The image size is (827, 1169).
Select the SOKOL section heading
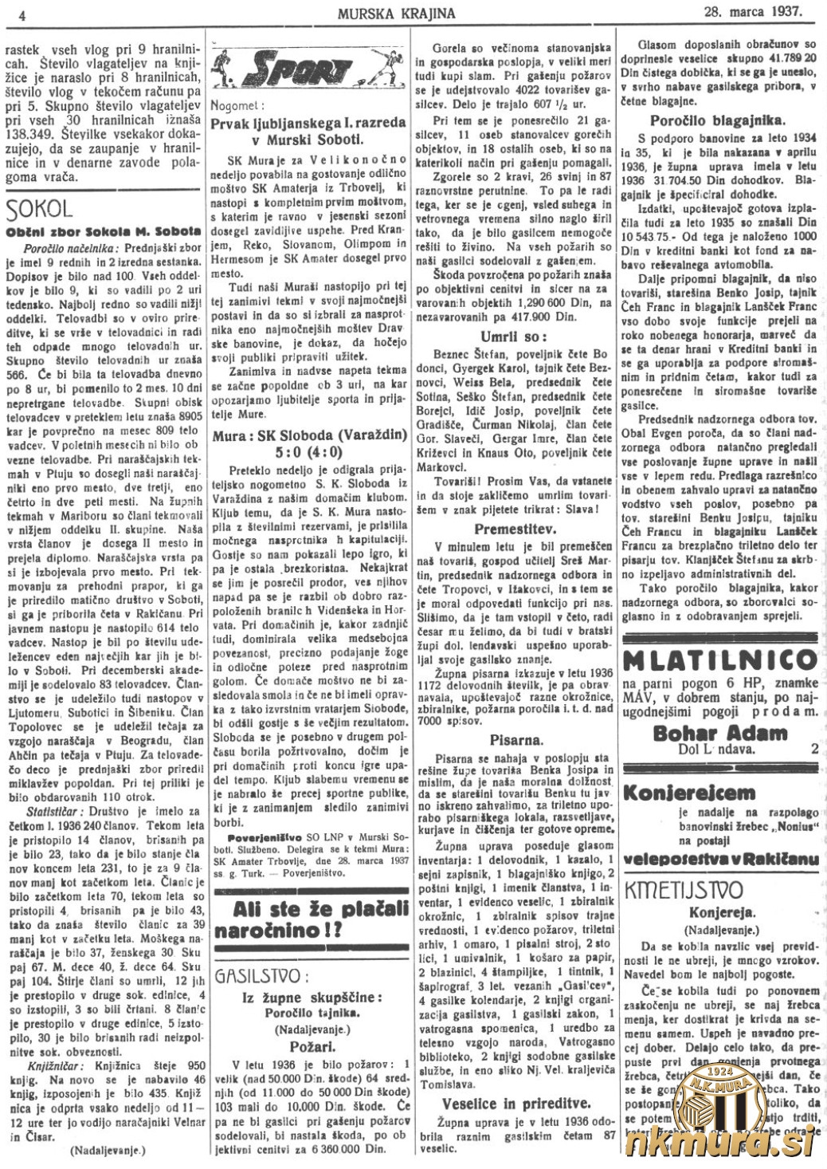coord(39,210)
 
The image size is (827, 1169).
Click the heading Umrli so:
coord(513,337)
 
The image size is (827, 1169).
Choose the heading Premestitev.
coord(513,529)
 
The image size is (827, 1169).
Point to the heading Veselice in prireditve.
coord(516,1104)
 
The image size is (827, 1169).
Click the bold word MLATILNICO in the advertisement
coord(721,660)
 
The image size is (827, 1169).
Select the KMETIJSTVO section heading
coord(684,889)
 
